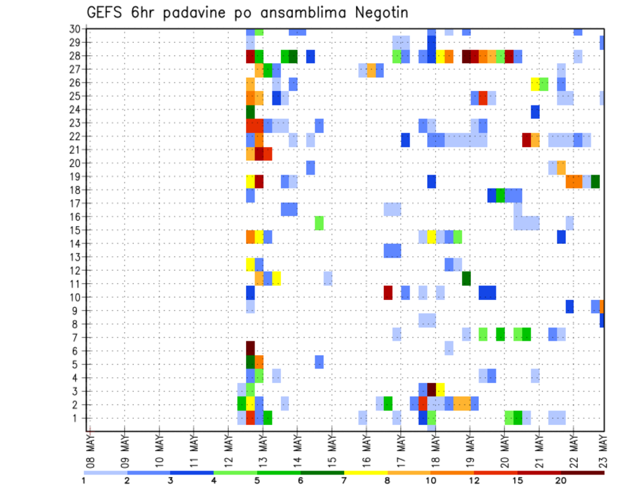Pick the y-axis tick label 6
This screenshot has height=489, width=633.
point(77,351)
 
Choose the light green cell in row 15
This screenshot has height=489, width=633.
point(319,223)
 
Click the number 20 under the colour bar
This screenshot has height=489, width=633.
point(561,480)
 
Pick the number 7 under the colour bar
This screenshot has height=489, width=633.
point(344,480)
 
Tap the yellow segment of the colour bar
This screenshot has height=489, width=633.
point(365,472)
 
